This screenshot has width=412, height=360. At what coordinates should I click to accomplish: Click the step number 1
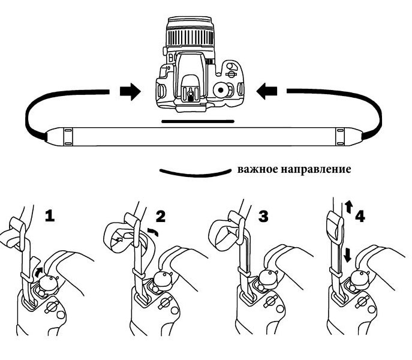tap(50, 216)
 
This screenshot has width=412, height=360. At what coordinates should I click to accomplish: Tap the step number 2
tap(161, 216)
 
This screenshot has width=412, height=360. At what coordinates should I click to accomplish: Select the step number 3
tap(263, 216)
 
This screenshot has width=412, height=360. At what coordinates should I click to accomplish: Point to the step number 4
tap(360, 216)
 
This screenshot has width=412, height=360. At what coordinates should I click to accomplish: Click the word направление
tap(316, 170)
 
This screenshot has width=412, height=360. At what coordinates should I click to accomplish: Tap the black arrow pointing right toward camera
tap(130, 92)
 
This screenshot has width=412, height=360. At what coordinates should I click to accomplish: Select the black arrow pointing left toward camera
tap(266, 91)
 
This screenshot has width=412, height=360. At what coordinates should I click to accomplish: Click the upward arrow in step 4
tap(348, 206)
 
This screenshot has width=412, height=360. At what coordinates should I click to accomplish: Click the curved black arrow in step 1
tap(38, 272)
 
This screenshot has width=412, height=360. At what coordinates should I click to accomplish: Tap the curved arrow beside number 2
tap(153, 232)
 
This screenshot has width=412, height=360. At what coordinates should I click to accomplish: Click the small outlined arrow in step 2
tap(119, 239)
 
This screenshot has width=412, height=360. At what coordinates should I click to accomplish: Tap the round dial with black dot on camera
tap(220, 90)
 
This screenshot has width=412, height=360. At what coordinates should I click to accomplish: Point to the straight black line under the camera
tap(198, 121)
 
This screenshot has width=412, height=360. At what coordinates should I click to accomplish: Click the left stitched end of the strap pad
tap(68, 137)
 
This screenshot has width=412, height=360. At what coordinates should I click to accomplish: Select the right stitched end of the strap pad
tap(340, 137)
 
